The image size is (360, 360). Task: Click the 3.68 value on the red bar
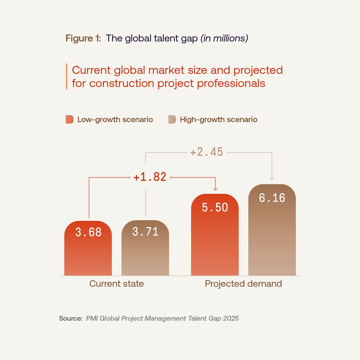pos(88,232)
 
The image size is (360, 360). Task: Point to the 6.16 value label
pos(272,198)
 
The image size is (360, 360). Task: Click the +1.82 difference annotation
pos(150,177)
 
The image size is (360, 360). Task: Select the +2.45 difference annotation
pos(207,152)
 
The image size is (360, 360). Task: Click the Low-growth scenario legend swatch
pos(69,119)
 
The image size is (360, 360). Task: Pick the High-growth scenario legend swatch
pos(172,119)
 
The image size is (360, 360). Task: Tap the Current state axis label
pos(116,283)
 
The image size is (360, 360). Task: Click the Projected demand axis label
pos(243,283)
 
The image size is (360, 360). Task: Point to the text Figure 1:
pos(83,38)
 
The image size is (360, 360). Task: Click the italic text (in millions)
pos(224,38)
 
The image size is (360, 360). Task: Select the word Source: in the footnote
pos(70,318)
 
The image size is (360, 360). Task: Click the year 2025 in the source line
pos(231,318)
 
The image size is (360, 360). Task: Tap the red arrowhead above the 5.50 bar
pos(215,189)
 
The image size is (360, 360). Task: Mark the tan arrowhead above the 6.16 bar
pos(272,179)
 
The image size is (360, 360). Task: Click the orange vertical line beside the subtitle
pos(66,76)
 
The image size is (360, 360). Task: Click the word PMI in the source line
pos(92,318)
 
